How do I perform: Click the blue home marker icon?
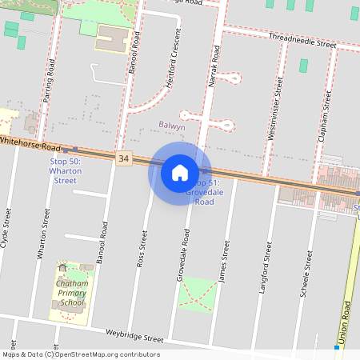pyautogui.click(x=180, y=172)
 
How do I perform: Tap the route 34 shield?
pyautogui.click(x=122, y=158)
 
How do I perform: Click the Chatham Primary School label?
pyautogui.click(x=71, y=293)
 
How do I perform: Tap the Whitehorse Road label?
pyautogui.click(x=30, y=144)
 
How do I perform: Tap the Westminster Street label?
pyautogui.click(x=275, y=108)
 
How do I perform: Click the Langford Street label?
pyautogui.click(x=264, y=273)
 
